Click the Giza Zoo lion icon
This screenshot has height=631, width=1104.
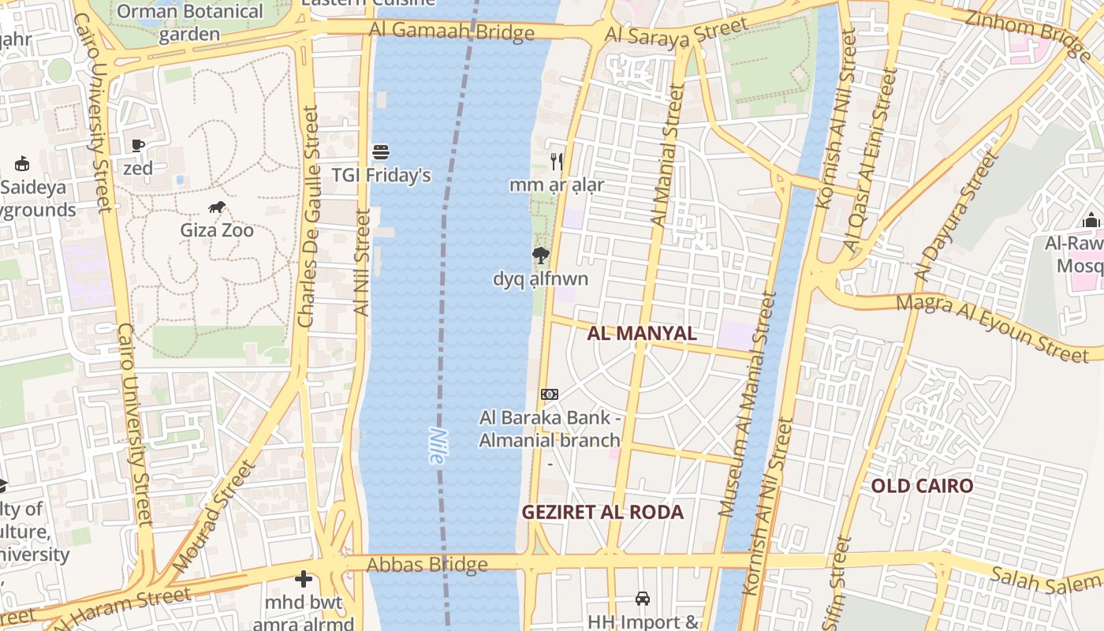[217, 207]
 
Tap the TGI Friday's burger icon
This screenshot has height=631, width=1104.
[381, 151]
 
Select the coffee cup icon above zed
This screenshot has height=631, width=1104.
[138, 145]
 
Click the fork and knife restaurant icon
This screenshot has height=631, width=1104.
[557, 162]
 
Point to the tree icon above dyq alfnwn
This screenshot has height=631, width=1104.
[540, 255]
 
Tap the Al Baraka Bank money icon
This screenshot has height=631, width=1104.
[550, 394]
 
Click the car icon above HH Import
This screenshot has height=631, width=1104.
[643, 599]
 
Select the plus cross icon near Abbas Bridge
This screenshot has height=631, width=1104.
[304, 580]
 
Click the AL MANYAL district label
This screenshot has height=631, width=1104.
[642, 333]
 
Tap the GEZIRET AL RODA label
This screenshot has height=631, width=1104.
[602, 512]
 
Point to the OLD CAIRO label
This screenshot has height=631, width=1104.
[922, 485]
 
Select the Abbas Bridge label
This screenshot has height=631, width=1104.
[427, 565]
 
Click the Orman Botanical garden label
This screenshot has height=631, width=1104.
[189, 22]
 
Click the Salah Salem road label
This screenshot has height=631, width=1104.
[1045, 581]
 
